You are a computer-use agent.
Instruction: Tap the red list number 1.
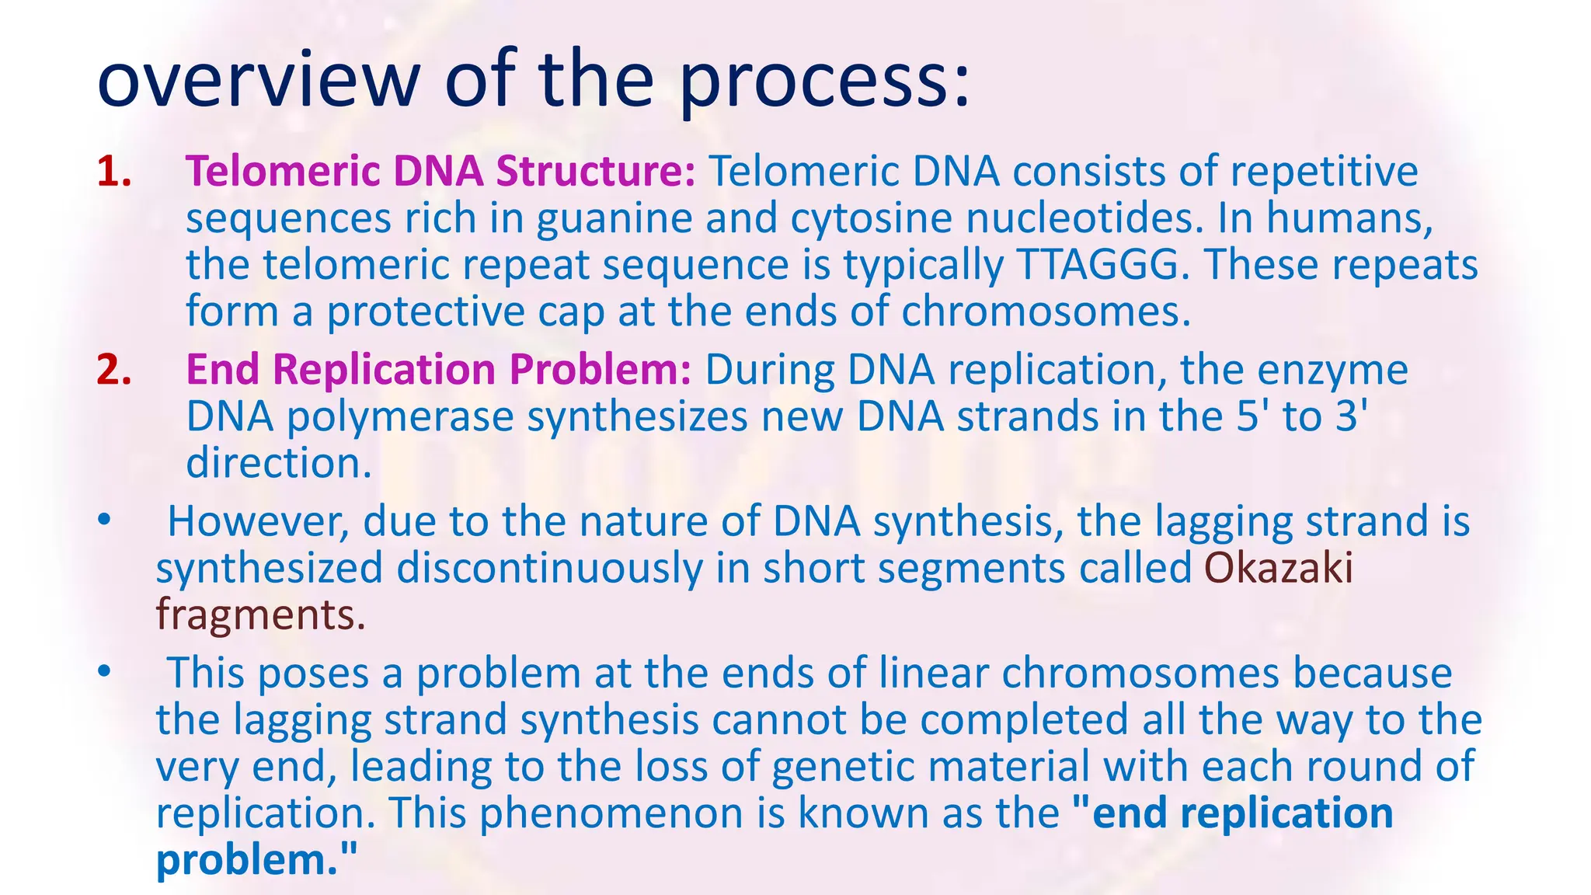point(113,172)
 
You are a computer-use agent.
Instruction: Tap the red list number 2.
point(113,370)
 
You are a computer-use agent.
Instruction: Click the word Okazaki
point(1278,568)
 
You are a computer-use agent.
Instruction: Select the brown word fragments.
point(260,615)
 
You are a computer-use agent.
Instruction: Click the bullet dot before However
point(104,521)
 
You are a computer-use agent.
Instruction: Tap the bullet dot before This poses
point(104,672)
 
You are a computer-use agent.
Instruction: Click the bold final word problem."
point(256,860)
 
